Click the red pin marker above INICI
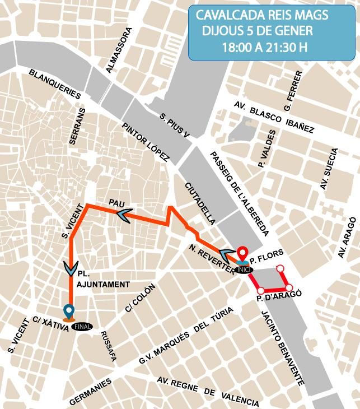(x=242, y=254)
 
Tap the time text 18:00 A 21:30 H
(x=264, y=47)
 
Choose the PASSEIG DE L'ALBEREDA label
(x=240, y=193)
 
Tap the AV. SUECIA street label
(x=329, y=170)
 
